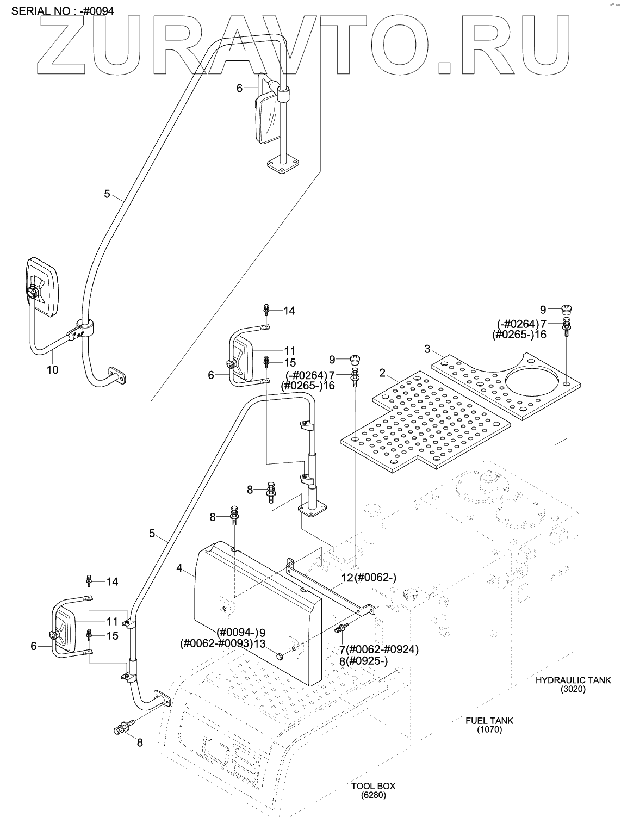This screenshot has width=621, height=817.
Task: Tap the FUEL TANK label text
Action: pyautogui.click(x=489, y=721)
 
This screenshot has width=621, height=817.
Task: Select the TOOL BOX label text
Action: pyautogui.click(x=373, y=786)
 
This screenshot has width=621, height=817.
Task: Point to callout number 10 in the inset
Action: pyautogui.click(x=53, y=370)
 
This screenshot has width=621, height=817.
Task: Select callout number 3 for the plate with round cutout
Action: pyautogui.click(x=427, y=349)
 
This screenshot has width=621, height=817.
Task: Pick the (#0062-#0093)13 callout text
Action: pyautogui.click(x=223, y=643)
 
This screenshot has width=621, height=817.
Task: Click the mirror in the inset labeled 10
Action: pyautogui.click(x=41, y=287)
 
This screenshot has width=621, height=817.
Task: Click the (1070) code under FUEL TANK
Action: pyautogui.click(x=489, y=730)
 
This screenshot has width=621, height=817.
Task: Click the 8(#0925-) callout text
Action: pyautogui.click(x=363, y=661)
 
